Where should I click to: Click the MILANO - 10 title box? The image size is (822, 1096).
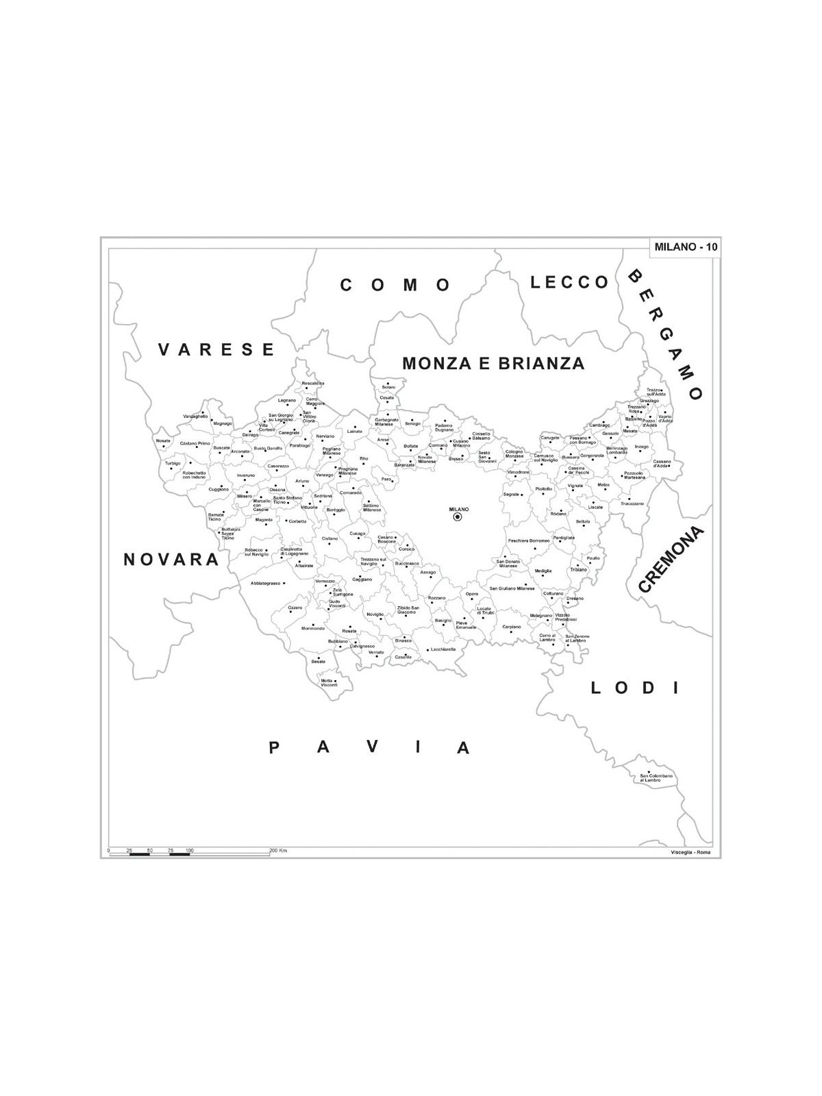pyautogui.click(x=686, y=247)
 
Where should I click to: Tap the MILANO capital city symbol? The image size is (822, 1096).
pyautogui.click(x=458, y=517)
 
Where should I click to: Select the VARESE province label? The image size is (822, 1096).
pyautogui.click(x=216, y=349)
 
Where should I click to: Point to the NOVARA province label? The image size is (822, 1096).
pyautogui.click(x=171, y=560)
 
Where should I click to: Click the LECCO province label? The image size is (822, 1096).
pyautogui.click(x=570, y=282)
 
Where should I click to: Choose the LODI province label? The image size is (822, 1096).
pyautogui.click(x=634, y=688)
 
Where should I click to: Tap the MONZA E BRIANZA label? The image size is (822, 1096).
pyautogui.click(x=493, y=363)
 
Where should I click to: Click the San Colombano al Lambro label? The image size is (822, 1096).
pyautogui.click(x=656, y=777)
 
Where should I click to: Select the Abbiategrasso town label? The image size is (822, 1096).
pyautogui.click(x=265, y=583)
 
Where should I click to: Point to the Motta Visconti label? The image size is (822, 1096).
pyautogui.click(x=329, y=682)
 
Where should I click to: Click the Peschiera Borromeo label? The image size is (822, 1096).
pyautogui.click(x=528, y=540)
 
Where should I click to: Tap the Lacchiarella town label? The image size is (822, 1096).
pyautogui.click(x=443, y=649)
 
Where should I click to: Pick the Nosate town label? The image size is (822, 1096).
pyautogui.click(x=163, y=440)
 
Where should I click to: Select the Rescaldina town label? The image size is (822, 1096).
pyautogui.click(x=313, y=383)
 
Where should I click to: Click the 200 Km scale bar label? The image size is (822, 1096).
pyautogui.click(x=278, y=850)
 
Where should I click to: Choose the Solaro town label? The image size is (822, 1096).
pyautogui.click(x=388, y=388)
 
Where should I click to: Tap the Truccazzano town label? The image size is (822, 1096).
pyautogui.click(x=632, y=503)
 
